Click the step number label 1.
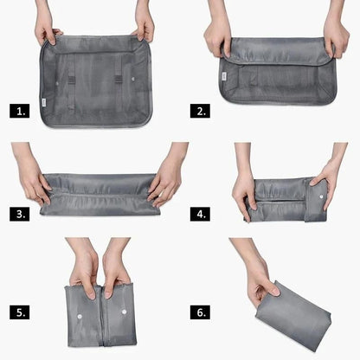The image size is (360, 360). click(x=19, y=112)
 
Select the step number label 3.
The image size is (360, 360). click(x=19, y=212)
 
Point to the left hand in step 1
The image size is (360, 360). click(x=46, y=31)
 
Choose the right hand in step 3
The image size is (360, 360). click(x=165, y=183)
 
